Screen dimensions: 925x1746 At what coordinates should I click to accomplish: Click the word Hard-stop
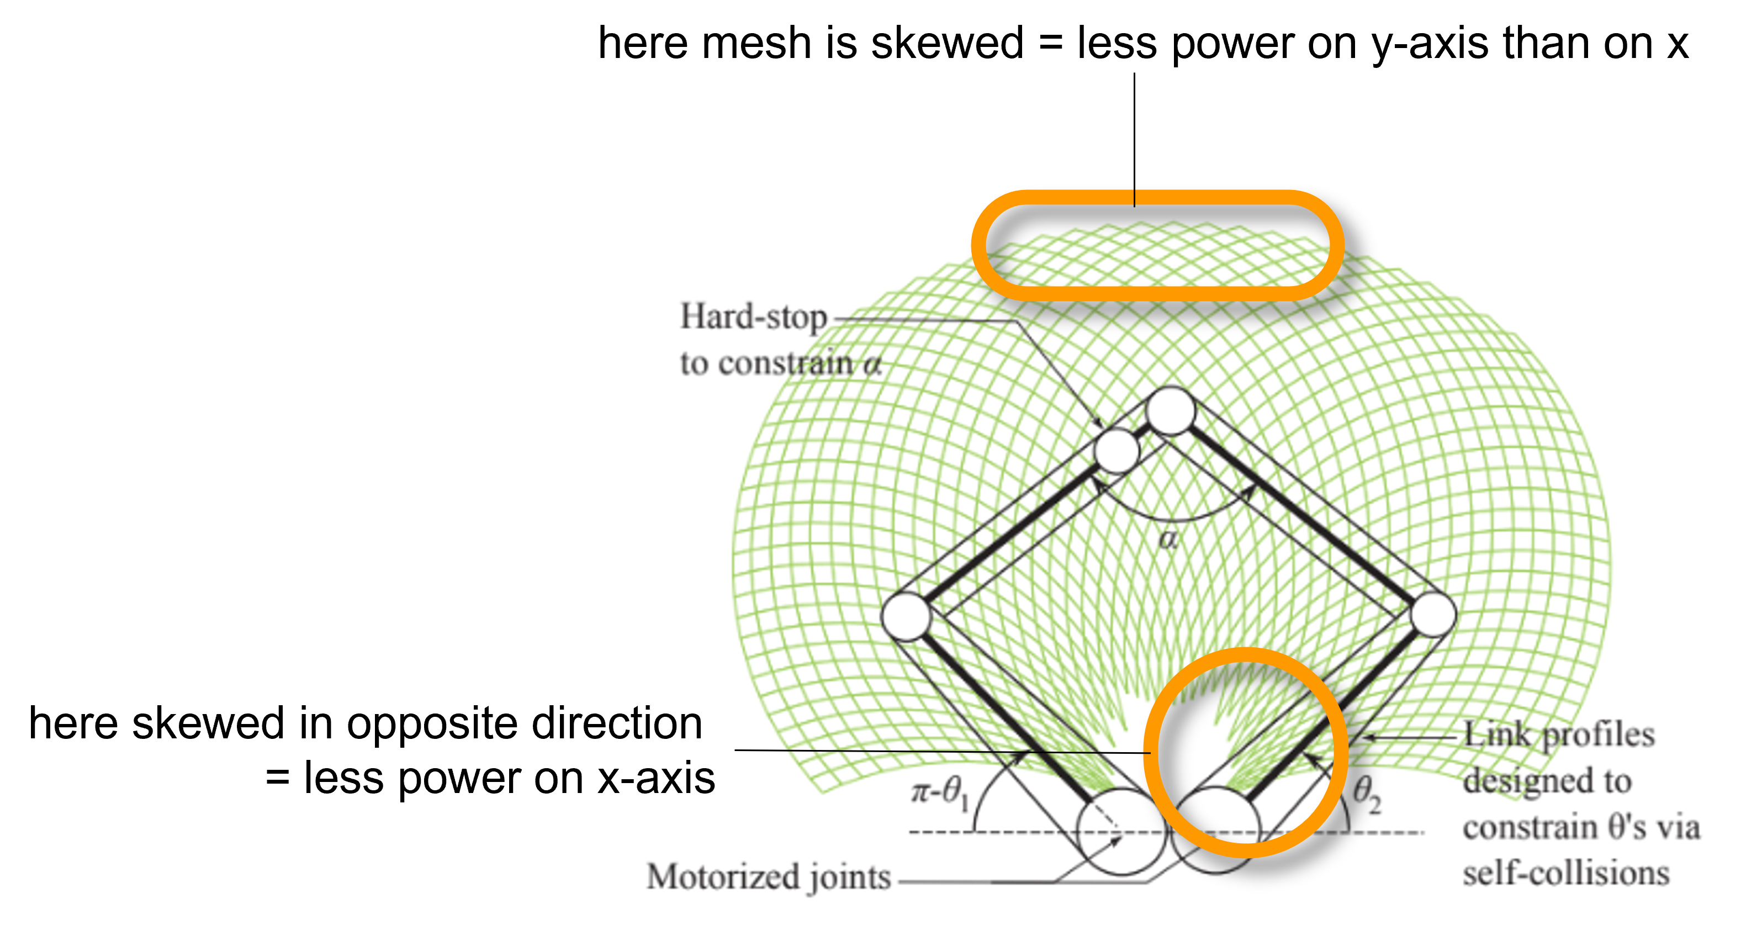753,317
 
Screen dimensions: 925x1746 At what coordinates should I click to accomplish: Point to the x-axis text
656,778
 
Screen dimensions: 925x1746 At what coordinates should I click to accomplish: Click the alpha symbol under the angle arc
1168,540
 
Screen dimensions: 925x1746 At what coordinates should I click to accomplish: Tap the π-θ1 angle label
939,791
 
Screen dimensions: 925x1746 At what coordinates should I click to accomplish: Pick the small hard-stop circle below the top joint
1117,451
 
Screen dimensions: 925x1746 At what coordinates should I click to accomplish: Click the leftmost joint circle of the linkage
906,616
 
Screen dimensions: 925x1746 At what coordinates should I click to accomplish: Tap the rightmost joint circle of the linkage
1433,614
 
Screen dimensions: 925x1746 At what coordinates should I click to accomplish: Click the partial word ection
646,724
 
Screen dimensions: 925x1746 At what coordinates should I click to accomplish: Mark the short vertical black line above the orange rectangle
1134,178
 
